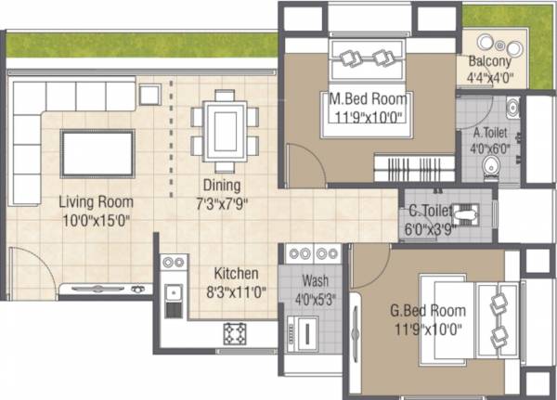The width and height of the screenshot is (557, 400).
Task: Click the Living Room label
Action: pyautogui.click(x=97, y=201)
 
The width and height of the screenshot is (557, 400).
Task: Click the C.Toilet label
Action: pyautogui.click(x=427, y=209)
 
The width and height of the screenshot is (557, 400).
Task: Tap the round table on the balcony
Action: pyautogui.click(x=501, y=46)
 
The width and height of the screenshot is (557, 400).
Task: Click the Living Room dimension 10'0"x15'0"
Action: pyautogui.click(x=97, y=220)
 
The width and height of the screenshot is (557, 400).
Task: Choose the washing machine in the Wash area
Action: pyautogui.click(x=304, y=330)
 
